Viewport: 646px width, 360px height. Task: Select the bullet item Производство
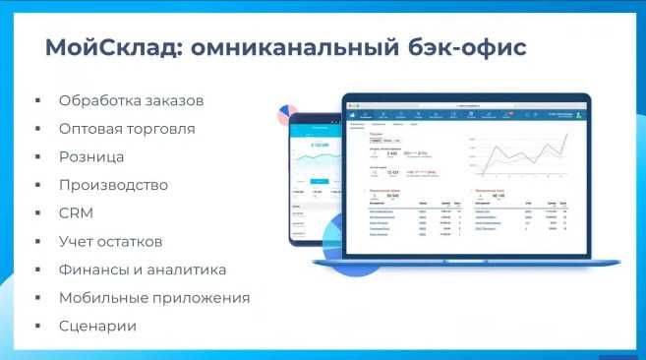click(x=113, y=185)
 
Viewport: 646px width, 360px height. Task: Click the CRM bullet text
click(x=77, y=212)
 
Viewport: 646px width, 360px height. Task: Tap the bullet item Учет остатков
click(x=110, y=241)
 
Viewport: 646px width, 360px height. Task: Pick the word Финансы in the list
click(x=94, y=270)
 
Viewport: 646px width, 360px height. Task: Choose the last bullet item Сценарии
click(x=97, y=326)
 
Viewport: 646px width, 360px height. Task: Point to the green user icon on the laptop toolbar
click(x=579, y=114)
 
